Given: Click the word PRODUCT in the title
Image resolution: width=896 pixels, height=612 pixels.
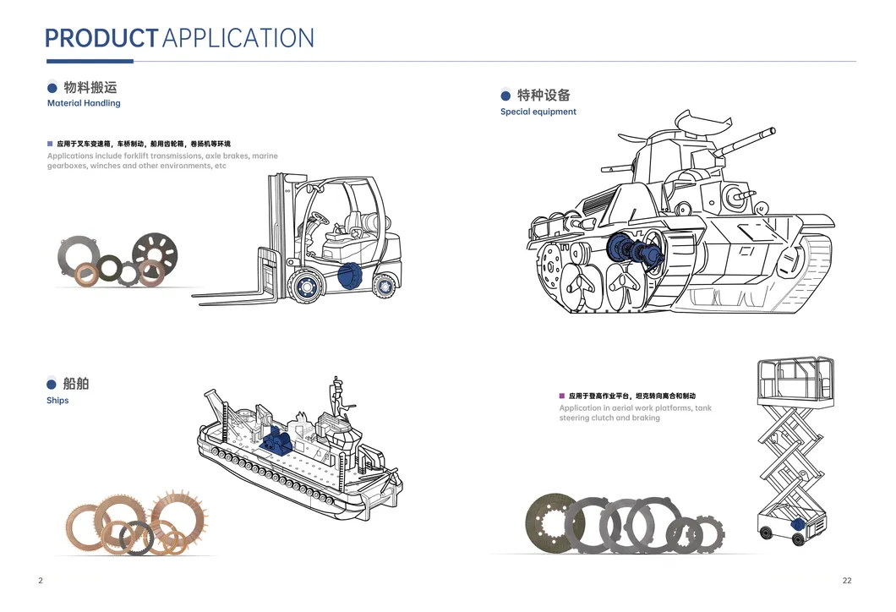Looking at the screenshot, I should pyautogui.click(x=101, y=38).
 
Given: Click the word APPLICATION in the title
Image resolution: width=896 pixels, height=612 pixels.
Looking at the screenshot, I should pyautogui.click(x=238, y=38).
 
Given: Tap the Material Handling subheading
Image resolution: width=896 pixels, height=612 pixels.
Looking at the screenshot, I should pyautogui.click(x=84, y=103).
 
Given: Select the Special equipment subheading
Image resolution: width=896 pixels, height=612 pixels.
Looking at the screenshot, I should pyautogui.click(x=538, y=112).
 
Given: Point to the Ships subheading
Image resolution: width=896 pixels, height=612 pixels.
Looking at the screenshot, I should pyautogui.click(x=57, y=401).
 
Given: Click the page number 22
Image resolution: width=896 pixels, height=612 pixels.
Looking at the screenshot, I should pyautogui.click(x=847, y=580).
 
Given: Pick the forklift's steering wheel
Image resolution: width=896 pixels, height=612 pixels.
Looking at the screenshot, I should pyautogui.click(x=320, y=217).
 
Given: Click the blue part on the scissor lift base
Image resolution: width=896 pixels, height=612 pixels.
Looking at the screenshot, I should pyautogui.click(x=796, y=524).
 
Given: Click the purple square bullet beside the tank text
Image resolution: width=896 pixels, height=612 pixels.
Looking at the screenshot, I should pyautogui.click(x=562, y=395).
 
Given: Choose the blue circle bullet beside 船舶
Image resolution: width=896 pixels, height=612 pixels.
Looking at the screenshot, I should pyautogui.click(x=52, y=385).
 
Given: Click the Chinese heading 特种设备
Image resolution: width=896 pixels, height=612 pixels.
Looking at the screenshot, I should pyautogui.click(x=544, y=96).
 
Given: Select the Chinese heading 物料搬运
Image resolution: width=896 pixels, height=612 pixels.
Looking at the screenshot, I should pyautogui.click(x=90, y=87).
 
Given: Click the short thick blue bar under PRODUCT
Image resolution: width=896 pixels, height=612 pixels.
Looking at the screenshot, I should pyautogui.click(x=90, y=61).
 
